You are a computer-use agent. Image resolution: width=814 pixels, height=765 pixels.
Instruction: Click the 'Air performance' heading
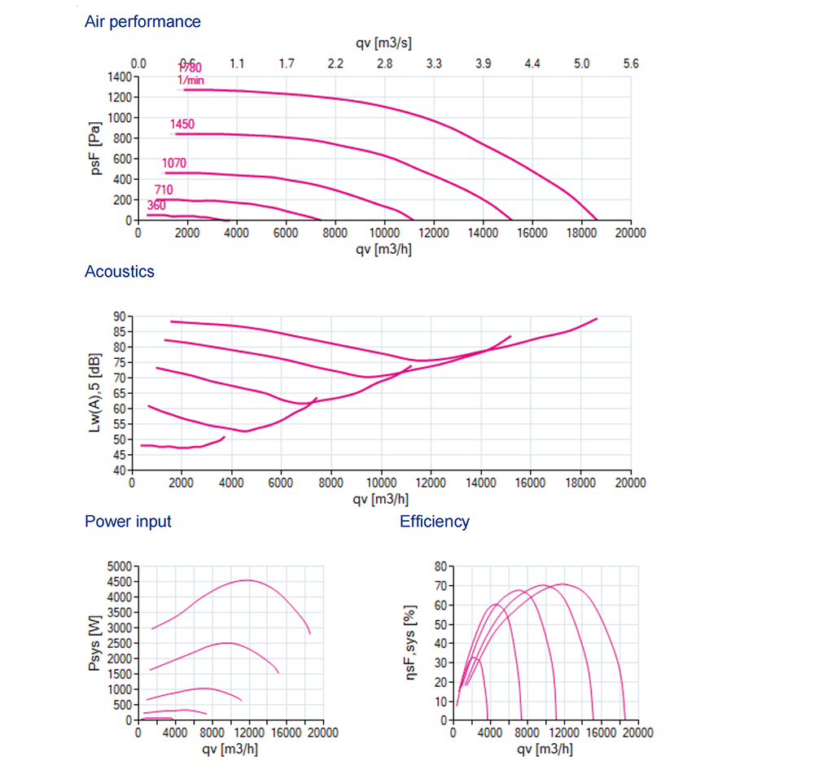click(x=142, y=22)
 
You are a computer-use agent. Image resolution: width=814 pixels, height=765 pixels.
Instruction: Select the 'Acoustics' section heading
click(x=120, y=272)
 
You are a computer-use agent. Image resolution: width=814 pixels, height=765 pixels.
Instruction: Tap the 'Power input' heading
click(x=128, y=522)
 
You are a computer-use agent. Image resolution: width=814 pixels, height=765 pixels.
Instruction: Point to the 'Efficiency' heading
click(x=435, y=522)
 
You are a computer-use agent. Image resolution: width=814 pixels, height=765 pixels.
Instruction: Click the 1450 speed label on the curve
click(x=182, y=125)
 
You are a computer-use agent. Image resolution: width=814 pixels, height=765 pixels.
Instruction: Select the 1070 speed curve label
click(x=174, y=164)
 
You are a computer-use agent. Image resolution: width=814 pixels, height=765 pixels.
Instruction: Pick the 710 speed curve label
click(x=164, y=190)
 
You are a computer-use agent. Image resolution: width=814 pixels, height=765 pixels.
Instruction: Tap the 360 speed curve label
click(x=156, y=206)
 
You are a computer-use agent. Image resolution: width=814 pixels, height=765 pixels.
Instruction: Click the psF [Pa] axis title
click(x=96, y=148)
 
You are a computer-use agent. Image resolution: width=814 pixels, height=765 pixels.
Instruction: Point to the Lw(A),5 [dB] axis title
click(x=96, y=392)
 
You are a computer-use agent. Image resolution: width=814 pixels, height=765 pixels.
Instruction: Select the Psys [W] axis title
click(x=96, y=643)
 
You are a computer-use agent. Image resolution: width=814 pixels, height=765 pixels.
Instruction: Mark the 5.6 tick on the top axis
click(x=630, y=63)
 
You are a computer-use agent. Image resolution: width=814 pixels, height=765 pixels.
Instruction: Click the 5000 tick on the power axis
click(x=120, y=566)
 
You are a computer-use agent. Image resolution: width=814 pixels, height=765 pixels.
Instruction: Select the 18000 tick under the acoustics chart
click(x=580, y=483)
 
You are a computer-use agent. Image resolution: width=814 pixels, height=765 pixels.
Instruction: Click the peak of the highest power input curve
click(x=247, y=580)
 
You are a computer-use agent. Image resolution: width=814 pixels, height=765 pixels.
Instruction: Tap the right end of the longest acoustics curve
click(x=597, y=318)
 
